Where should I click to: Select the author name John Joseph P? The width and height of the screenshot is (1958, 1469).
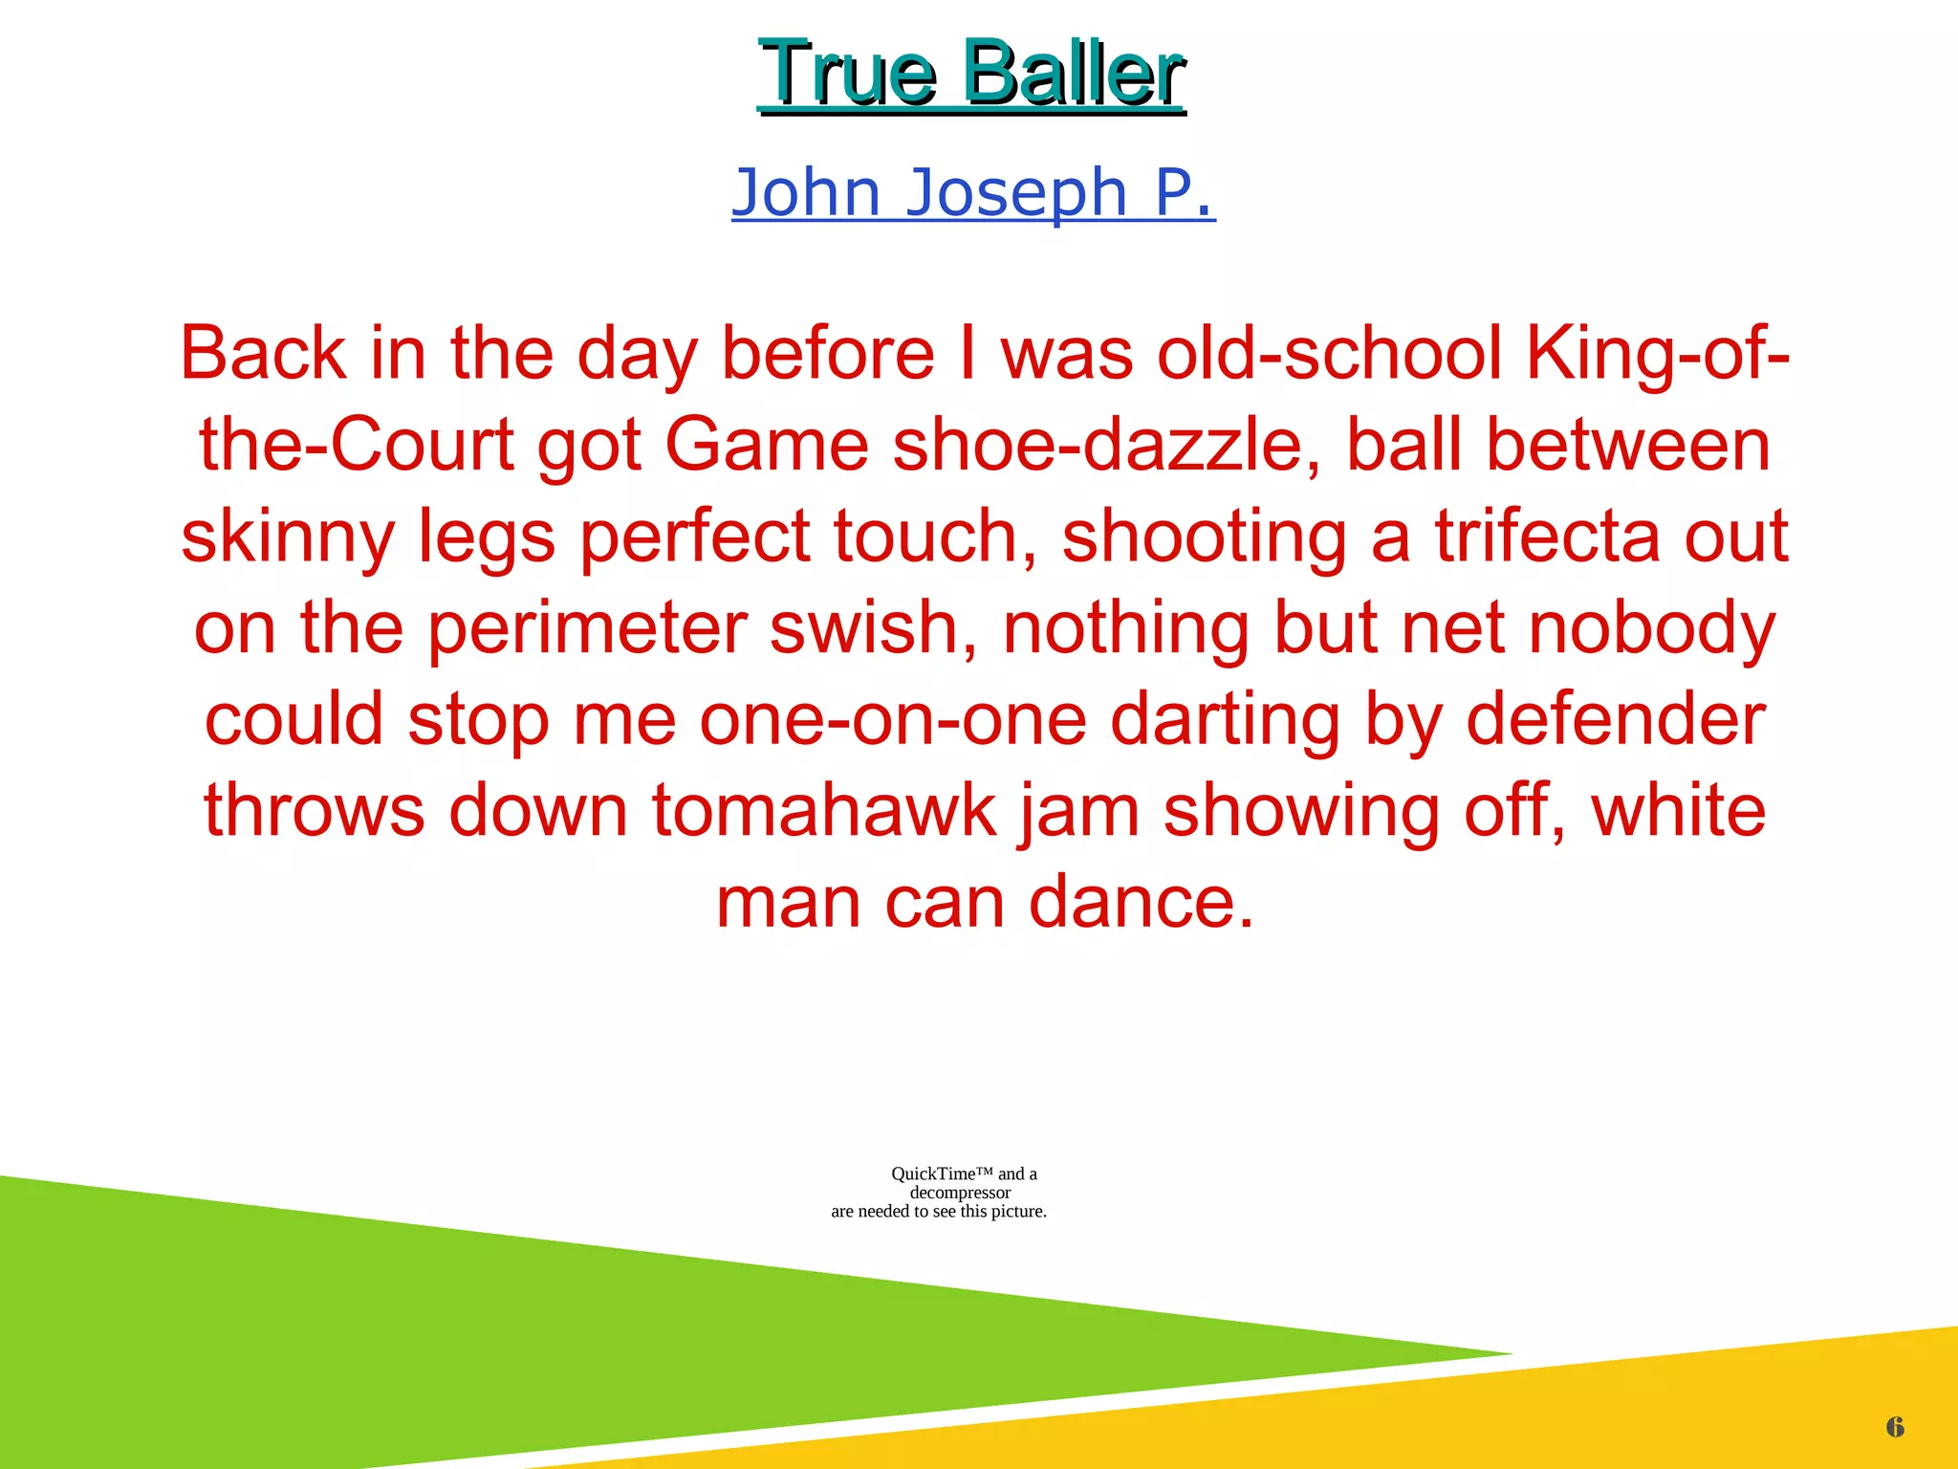pos(973,192)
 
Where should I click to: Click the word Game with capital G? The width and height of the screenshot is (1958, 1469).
pos(766,446)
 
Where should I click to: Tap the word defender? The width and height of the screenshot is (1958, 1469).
pos(1615,720)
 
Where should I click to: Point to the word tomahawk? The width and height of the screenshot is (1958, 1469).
pos(823,811)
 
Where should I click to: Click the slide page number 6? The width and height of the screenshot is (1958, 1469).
pos(1895,1428)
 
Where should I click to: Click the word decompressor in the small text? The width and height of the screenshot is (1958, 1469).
pos(960,1193)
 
